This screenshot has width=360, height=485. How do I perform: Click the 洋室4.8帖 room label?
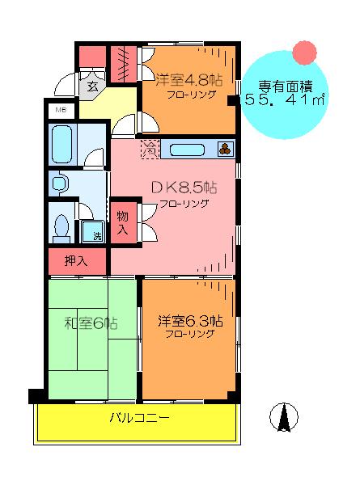tap(188, 80)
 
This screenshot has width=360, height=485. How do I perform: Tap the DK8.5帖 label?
tap(184, 188)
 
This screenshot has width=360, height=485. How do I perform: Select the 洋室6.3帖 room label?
tap(190, 321)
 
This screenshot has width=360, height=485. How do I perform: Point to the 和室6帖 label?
tap(91, 323)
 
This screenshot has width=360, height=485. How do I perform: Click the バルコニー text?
tap(140, 418)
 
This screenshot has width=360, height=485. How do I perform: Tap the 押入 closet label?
tap(76, 261)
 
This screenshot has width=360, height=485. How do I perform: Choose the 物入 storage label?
tap(123, 223)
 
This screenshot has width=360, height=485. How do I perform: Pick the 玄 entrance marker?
tap(92, 86)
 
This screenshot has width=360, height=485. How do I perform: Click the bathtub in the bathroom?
tap(62, 145)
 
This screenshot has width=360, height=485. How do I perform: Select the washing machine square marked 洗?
tap(93, 231)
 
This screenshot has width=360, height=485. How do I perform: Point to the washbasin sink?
tap(59, 183)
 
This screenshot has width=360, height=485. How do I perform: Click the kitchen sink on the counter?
tap(187, 150)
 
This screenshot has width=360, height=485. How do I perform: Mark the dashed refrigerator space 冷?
tap(150, 150)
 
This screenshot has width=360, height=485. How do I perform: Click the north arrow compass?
tap(283, 416)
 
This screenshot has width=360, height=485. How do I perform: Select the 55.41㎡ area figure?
tap(285, 100)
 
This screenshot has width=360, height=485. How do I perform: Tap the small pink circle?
tap(305, 53)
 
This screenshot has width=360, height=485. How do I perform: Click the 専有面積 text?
tap(285, 86)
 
